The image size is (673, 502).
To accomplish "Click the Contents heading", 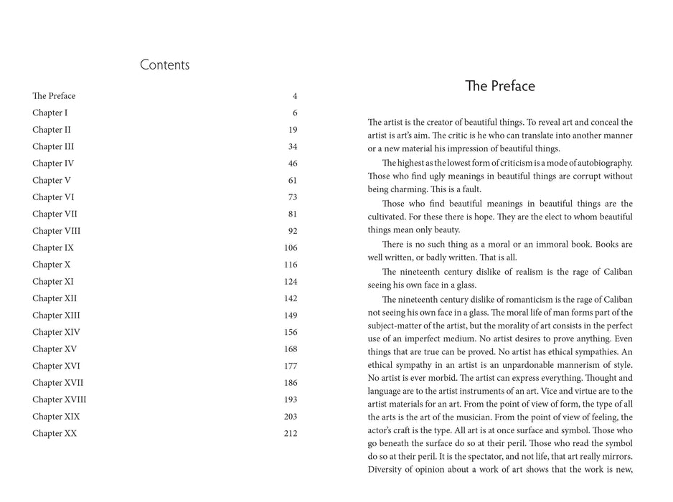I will [x=164, y=65].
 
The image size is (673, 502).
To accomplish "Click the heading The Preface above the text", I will [x=499, y=87].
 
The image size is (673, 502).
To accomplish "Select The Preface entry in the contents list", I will [x=54, y=96].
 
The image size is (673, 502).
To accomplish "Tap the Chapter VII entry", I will [x=55, y=214].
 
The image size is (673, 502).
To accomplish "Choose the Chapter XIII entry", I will [x=56, y=315].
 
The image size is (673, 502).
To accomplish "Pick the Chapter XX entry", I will [x=55, y=433].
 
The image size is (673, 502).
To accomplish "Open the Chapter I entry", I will [x=50, y=113].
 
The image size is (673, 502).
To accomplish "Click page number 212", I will [x=290, y=433].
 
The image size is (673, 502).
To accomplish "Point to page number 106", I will [x=290, y=247].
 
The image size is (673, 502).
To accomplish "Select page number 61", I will [x=292, y=180].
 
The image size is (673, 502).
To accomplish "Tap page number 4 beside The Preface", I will [x=294, y=96].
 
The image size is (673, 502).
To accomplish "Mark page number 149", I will [x=290, y=315].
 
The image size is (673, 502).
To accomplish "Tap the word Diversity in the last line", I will [x=386, y=470].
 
